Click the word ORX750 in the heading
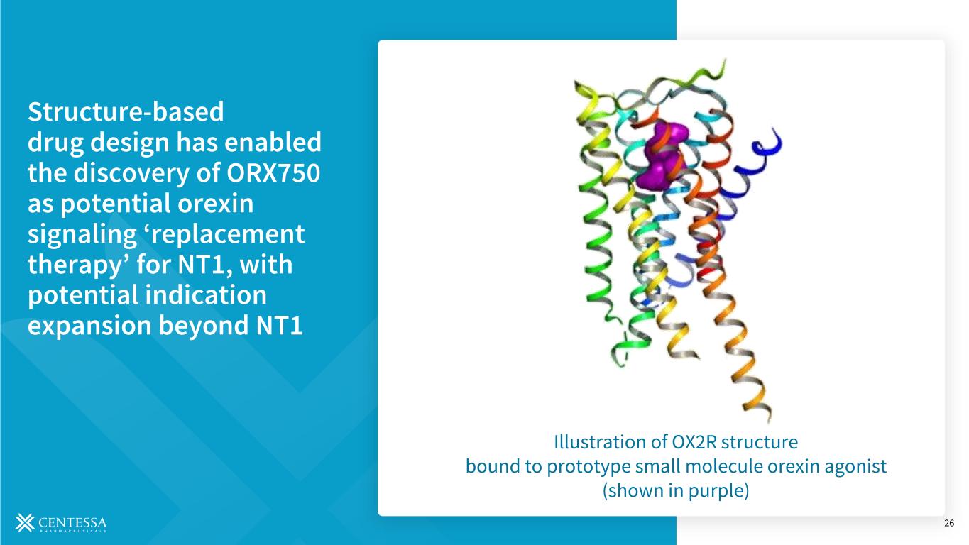click(273, 173)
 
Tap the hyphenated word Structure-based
click(126, 111)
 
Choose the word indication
click(205, 295)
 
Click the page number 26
click(949, 524)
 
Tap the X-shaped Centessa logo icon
click(25, 522)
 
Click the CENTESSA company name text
click(72, 522)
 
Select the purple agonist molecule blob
click(662, 155)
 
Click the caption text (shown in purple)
click(676, 491)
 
